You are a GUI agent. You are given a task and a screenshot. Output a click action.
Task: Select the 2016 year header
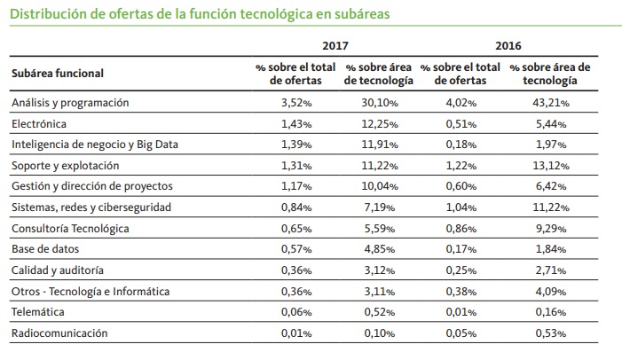click(508, 45)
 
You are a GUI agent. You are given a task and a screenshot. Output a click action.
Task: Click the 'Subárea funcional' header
click(58, 74)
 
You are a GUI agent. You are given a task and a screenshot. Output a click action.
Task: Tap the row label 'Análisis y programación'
click(70, 103)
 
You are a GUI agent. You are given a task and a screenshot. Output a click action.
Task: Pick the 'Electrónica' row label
click(39, 123)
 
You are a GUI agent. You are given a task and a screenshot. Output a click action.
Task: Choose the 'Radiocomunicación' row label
click(59, 333)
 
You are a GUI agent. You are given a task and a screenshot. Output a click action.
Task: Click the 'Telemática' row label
click(38, 312)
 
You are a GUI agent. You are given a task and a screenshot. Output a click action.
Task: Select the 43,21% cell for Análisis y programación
click(550, 103)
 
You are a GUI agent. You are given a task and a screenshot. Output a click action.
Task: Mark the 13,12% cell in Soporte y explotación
click(550, 166)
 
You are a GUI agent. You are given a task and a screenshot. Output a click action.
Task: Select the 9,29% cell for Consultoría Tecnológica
click(553, 229)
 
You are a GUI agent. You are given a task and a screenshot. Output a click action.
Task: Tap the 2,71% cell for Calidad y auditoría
click(553, 270)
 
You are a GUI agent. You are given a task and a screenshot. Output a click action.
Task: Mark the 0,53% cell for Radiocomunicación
click(553, 333)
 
